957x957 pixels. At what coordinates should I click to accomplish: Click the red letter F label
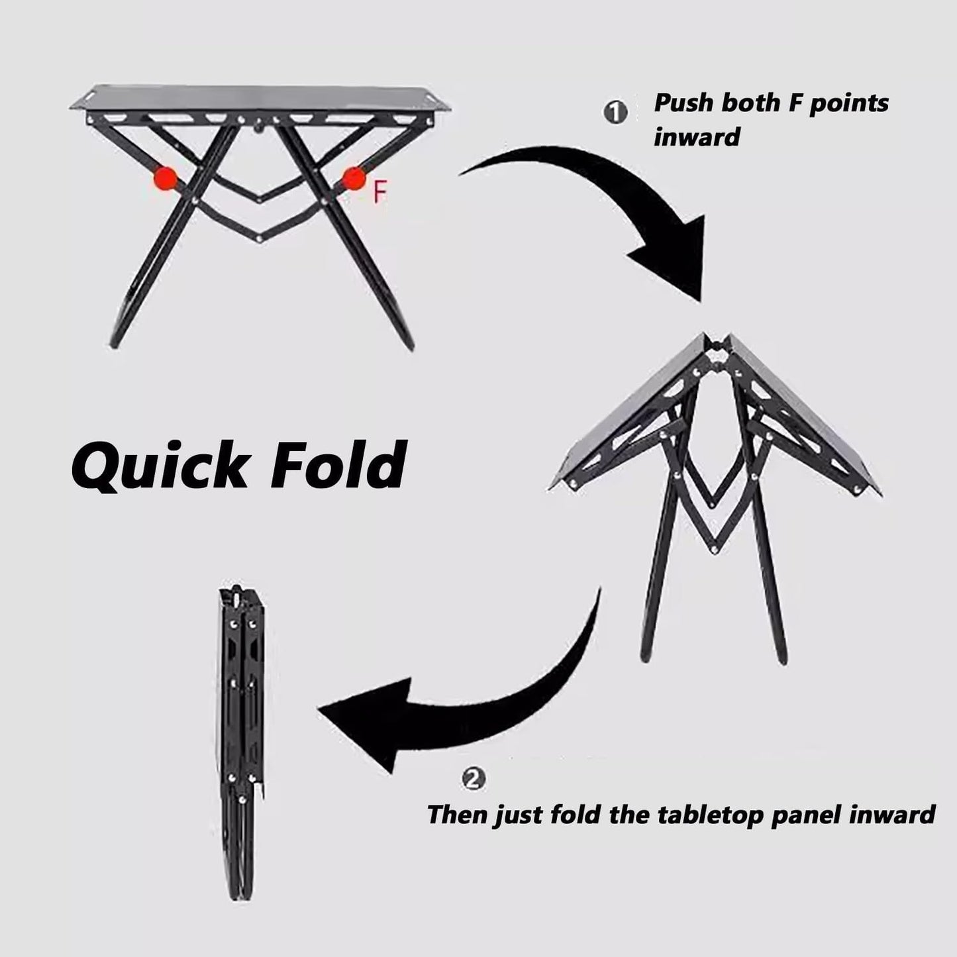pos(380,192)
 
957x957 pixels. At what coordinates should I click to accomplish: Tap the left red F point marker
pos(166,178)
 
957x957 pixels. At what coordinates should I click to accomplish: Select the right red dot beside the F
pos(354,178)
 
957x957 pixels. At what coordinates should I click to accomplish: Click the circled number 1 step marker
pos(615,113)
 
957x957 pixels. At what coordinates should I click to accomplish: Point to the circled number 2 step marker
pos(474,779)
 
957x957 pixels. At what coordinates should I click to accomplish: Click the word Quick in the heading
pos(160,465)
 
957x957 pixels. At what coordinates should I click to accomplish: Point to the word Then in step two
pos(457,815)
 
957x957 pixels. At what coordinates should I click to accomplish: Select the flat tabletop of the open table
pos(260,97)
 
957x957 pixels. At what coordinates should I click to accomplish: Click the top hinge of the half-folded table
pos(716,346)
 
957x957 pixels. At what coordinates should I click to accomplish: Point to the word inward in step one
pos(697,136)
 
